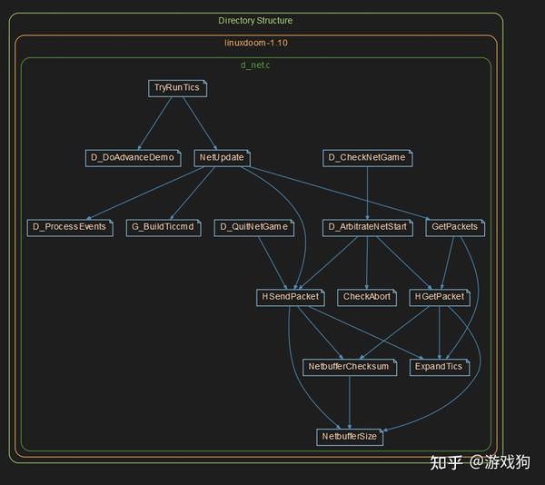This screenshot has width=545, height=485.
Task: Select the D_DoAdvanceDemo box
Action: pos(132,158)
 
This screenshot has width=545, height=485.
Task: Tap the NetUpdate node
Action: pos(222,158)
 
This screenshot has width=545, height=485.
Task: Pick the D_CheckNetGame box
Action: pos(367,158)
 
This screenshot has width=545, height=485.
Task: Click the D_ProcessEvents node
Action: pos(69,227)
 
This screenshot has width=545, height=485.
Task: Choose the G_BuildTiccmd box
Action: pos(163,227)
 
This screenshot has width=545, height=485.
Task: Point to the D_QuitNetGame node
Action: pos(254,227)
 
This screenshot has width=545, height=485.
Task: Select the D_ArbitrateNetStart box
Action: pos(366,227)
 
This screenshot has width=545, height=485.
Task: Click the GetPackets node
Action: pos(453,227)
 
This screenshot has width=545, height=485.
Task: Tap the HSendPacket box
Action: pos(289,297)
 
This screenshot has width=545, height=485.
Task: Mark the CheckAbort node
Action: pos(366,297)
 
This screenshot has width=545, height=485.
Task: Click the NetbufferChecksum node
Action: pos(349,367)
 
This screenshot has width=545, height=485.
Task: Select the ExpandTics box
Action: pos(440,367)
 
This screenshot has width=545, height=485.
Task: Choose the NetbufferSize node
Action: pos(351,437)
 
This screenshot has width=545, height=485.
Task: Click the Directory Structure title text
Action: pos(255,20)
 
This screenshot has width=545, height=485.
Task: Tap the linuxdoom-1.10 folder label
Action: pos(256,43)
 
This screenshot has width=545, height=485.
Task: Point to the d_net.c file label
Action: pos(255,64)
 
